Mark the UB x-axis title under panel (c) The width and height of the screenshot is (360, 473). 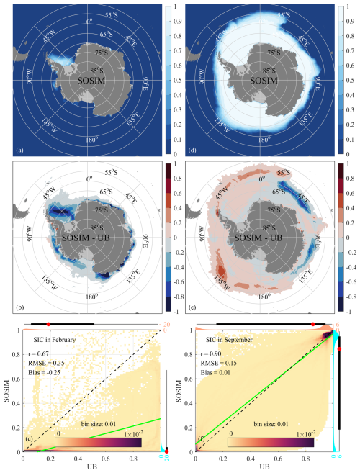tap(83, 467)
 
